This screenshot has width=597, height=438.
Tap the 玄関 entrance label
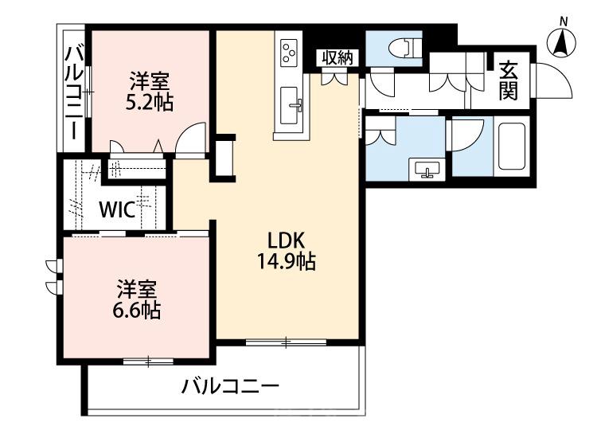[x=509, y=80]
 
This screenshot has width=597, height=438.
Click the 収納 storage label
[x=334, y=57]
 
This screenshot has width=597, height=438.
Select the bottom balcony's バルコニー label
[x=230, y=389]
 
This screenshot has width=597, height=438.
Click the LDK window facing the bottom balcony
[x=286, y=342]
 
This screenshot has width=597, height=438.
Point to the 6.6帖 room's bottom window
[x=148, y=362]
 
